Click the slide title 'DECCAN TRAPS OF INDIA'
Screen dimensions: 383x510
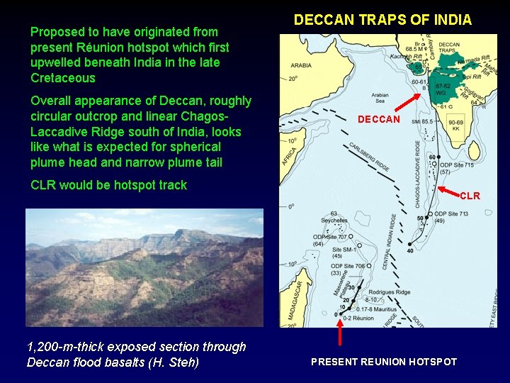382,20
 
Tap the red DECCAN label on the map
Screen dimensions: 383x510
379,119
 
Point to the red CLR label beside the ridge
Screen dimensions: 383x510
470,196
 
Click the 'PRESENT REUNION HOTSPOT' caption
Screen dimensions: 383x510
384,362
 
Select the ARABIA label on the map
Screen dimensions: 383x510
301,65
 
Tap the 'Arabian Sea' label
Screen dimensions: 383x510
380,96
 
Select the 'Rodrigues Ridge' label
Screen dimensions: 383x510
385,292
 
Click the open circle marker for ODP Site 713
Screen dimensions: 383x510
430,214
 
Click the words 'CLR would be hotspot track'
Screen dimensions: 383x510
108,185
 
